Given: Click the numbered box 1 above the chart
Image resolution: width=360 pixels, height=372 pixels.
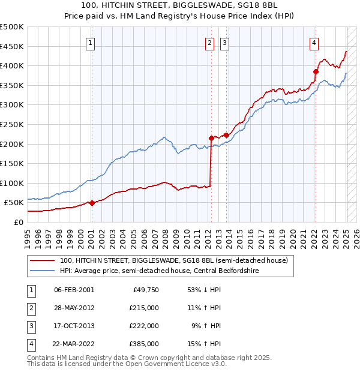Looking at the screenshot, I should (90, 43).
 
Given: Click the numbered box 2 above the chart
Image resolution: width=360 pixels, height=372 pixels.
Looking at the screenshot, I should (209, 43).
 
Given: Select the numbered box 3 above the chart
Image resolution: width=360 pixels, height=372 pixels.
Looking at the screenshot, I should (224, 43).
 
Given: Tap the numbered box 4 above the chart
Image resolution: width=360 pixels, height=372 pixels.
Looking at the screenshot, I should (314, 43).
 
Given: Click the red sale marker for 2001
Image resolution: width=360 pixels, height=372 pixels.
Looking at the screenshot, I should (92, 203).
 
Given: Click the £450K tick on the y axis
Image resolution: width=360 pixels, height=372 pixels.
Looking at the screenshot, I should (12, 46).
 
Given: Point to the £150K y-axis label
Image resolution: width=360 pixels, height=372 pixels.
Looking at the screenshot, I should (12, 163).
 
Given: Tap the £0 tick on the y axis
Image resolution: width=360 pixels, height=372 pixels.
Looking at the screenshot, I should (18, 222).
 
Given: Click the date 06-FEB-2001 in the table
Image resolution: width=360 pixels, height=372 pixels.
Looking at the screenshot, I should (74, 290).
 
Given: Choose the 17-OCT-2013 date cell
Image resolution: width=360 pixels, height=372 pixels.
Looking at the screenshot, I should (74, 326).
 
